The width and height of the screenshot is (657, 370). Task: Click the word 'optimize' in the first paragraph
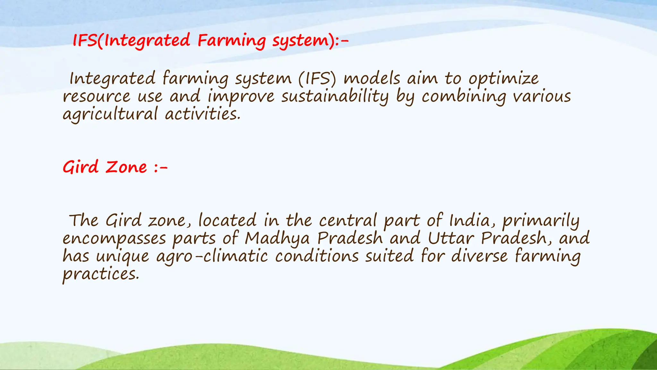(x=504, y=79)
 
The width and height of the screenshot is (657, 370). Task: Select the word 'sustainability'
(x=335, y=97)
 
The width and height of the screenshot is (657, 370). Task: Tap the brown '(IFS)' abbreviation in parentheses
(x=317, y=79)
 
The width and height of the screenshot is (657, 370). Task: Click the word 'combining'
(x=464, y=97)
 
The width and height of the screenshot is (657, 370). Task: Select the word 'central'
(x=348, y=221)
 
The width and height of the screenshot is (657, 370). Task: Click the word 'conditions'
(x=317, y=256)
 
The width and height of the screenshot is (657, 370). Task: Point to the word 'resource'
(x=97, y=97)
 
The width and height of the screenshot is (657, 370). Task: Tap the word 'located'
(x=227, y=221)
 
